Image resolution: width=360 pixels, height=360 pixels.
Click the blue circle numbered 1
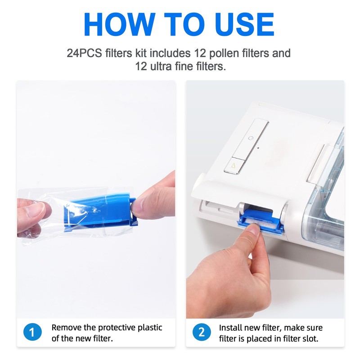coord(32,333)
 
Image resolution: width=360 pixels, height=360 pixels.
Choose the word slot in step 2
coord(309,338)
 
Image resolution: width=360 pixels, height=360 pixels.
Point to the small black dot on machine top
coord(259,147)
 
